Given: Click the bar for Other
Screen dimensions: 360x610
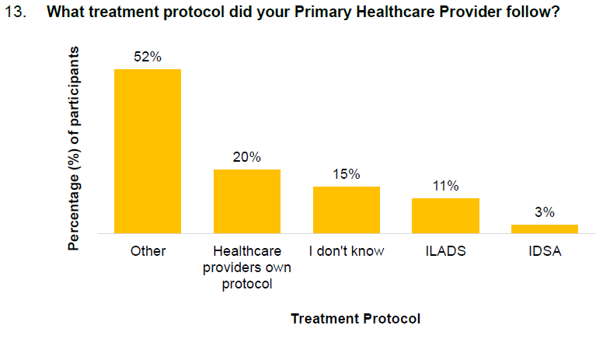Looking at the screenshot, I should pos(148,151).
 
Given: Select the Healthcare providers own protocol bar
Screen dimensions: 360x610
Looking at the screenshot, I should pos(247,201).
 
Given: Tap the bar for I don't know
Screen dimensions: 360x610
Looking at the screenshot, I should pos(347,209).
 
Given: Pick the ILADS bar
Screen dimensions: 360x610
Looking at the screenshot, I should pos(445,215).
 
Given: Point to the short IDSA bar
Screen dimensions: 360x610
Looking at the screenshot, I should pos(545,229).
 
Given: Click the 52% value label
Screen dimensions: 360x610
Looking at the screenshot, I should pos(148,57).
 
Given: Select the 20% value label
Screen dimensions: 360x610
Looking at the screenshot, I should pos(247,157).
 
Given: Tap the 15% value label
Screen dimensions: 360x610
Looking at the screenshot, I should pos(347,174).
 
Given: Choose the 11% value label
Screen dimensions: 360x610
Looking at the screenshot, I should pos(445,186).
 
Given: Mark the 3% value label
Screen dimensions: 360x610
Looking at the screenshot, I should pos(545,212).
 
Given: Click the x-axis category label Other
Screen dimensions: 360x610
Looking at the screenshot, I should pos(148,252).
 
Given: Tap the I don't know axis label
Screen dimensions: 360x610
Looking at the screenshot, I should pos(347,252).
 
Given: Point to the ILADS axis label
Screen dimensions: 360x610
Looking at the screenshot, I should pos(445,252).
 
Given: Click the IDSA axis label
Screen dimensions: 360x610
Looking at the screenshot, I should pos(545,252).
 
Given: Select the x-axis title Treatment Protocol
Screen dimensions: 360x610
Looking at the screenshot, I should pos(355,319).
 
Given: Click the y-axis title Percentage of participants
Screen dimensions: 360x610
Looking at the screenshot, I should pos(75,148).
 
